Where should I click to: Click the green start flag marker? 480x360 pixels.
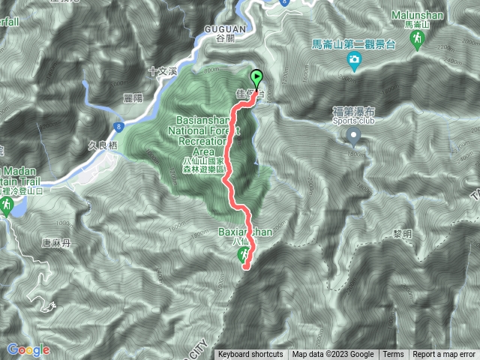257,78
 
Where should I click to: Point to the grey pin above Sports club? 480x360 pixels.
353,136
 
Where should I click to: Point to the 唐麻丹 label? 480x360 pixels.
34,241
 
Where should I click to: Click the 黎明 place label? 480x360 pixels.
403,234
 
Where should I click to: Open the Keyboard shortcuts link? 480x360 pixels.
250,355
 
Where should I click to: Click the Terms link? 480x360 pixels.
393,355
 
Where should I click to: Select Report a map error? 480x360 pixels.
444,355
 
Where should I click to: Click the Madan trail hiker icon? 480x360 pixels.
6,204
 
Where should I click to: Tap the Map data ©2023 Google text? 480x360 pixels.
333,355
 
